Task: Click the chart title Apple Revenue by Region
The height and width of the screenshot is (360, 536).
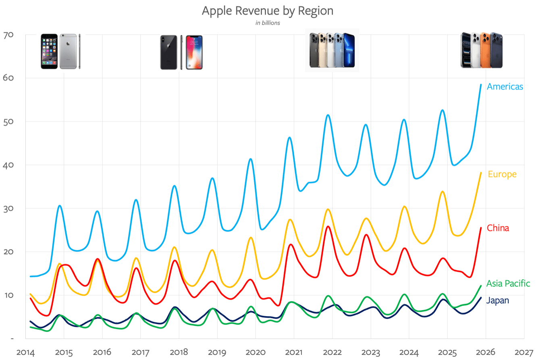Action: point(268,11)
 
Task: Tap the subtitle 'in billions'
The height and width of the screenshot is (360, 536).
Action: point(268,23)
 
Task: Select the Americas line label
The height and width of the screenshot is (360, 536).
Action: point(505,87)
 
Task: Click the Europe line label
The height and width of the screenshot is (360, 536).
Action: point(502,174)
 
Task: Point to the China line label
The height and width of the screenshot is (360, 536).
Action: point(498,228)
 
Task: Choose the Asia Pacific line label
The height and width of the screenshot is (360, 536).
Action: point(508,283)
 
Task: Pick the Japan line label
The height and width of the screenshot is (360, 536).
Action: point(498,300)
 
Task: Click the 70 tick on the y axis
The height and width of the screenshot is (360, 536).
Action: point(8,35)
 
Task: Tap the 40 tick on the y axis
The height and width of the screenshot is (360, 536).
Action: point(8,165)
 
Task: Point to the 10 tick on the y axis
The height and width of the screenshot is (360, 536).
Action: point(8,295)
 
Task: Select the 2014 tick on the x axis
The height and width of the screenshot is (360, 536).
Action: point(25,352)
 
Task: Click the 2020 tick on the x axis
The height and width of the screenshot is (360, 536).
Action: point(255,352)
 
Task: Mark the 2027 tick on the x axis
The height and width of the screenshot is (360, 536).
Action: point(524,352)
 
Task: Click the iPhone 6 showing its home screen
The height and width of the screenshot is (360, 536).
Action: point(49,52)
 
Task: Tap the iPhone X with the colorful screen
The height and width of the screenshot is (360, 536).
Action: point(194,52)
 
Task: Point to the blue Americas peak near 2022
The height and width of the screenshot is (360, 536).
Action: point(328,115)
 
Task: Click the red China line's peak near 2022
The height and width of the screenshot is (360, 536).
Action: point(328,227)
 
